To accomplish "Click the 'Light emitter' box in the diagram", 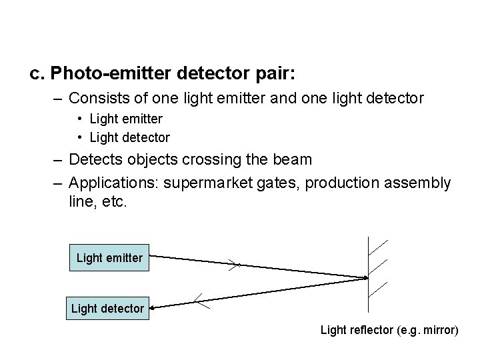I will coord(109,257).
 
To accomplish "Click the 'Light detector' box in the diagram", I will coord(107,308).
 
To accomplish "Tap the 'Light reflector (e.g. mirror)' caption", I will coord(389,329).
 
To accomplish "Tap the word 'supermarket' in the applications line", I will coord(211,183).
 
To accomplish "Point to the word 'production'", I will coord(346,183).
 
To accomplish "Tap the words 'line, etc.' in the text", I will coord(97,201).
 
